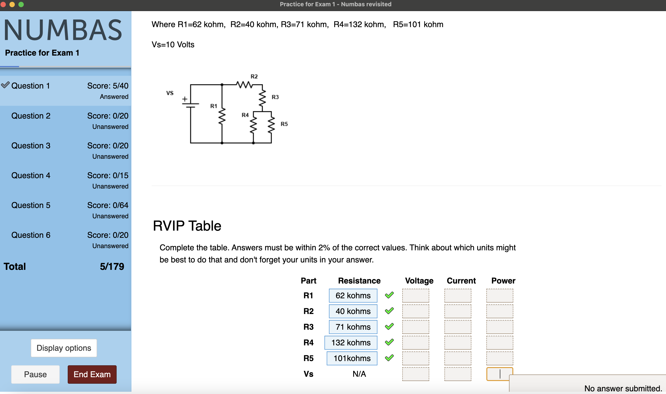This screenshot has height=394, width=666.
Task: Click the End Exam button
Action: [x=92, y=374]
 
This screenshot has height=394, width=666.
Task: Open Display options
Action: [x=64, y=348]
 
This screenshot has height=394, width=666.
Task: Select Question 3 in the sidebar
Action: [x=31, y=145]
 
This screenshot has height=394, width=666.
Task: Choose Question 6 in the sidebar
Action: [x=31, y=235]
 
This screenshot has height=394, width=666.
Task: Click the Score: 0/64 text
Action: [x=108, y=205]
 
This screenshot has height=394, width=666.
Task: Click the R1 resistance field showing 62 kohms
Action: [x=353, y=295]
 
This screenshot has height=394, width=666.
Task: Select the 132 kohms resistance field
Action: [x=351, y=342]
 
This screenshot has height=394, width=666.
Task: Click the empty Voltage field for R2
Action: [x=416, y=311]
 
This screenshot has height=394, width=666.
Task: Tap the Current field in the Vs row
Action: [x=457, y=374]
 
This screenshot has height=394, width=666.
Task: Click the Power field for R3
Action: [x=499, y=327]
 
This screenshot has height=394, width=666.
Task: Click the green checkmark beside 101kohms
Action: [x=389, y=358]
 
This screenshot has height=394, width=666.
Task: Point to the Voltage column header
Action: [x=419, y=281]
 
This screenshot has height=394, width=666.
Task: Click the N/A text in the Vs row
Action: [x=359, y=374]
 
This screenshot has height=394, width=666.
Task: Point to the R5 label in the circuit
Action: [x=284, y=124]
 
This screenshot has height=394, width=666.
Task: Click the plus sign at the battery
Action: [x=185, y=99]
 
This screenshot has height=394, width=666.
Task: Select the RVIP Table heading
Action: [x=187, y=226]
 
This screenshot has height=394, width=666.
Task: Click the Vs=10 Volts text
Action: [x=173, y=45]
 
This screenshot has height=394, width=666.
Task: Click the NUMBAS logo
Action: [x=63, y=30]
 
